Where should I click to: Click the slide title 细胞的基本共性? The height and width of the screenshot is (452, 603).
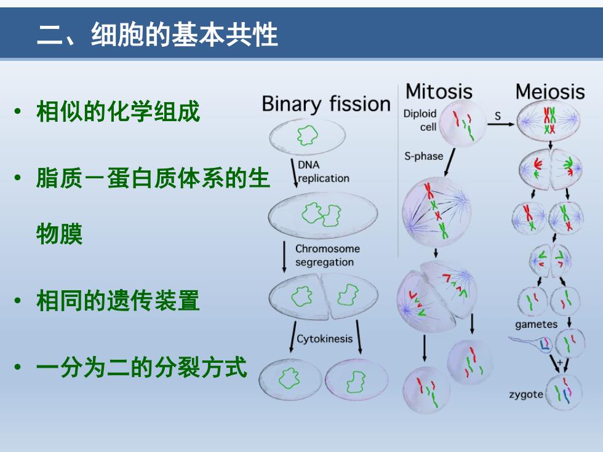tap(185, 34)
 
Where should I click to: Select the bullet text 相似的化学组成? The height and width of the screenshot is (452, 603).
tap(118, 111)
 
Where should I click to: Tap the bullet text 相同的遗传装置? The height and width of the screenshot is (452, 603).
tap(118, 300)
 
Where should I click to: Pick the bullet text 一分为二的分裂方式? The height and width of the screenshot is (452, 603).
tap(142, 367)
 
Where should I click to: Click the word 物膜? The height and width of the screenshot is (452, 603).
tap(59, 234)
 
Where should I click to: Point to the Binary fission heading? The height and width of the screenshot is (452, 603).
tap(326, 104)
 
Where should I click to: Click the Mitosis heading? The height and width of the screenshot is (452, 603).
tap(439, 92)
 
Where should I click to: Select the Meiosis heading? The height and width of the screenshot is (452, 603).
tap(550, 92)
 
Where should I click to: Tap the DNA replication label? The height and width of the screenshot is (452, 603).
tap(324, 172)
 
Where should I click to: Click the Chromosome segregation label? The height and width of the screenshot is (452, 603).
tap(327, 255)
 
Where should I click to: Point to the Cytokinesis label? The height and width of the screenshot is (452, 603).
tap(325, 339)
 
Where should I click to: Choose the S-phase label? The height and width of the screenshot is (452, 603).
tap(423, 156)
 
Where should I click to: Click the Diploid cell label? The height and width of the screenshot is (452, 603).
tap(420, 120)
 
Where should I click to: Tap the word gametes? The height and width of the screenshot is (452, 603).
tap(536, 325)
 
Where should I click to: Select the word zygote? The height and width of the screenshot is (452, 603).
tap(526, 394)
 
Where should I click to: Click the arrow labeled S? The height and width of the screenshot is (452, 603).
tap(501, 124)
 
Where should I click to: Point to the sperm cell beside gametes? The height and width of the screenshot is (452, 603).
tap(530, 343)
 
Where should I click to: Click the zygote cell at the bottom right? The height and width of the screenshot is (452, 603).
tap(564, 393)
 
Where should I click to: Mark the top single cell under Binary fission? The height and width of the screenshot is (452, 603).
tap(307, 136)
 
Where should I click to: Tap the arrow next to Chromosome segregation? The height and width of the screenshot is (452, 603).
tap(284, 257)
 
